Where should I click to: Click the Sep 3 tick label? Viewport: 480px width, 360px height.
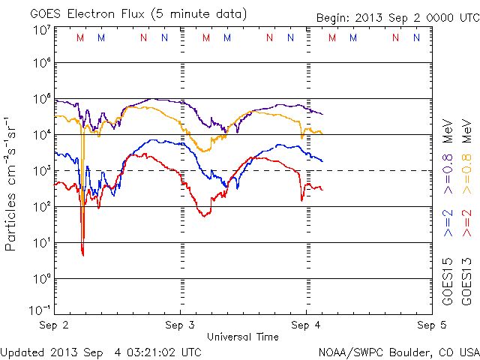pyautogui.click(x=181, y=325)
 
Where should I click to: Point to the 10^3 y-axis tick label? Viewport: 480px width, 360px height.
pyautogui.click(x=41, y=171)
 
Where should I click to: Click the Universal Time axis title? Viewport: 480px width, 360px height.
pyautogui.click(x=242, y=337)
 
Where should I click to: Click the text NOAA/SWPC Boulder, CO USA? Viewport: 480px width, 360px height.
pyautogui.click(x=398, y=352)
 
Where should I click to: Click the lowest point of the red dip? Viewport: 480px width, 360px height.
pyautogui.click(x=82, y=256)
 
